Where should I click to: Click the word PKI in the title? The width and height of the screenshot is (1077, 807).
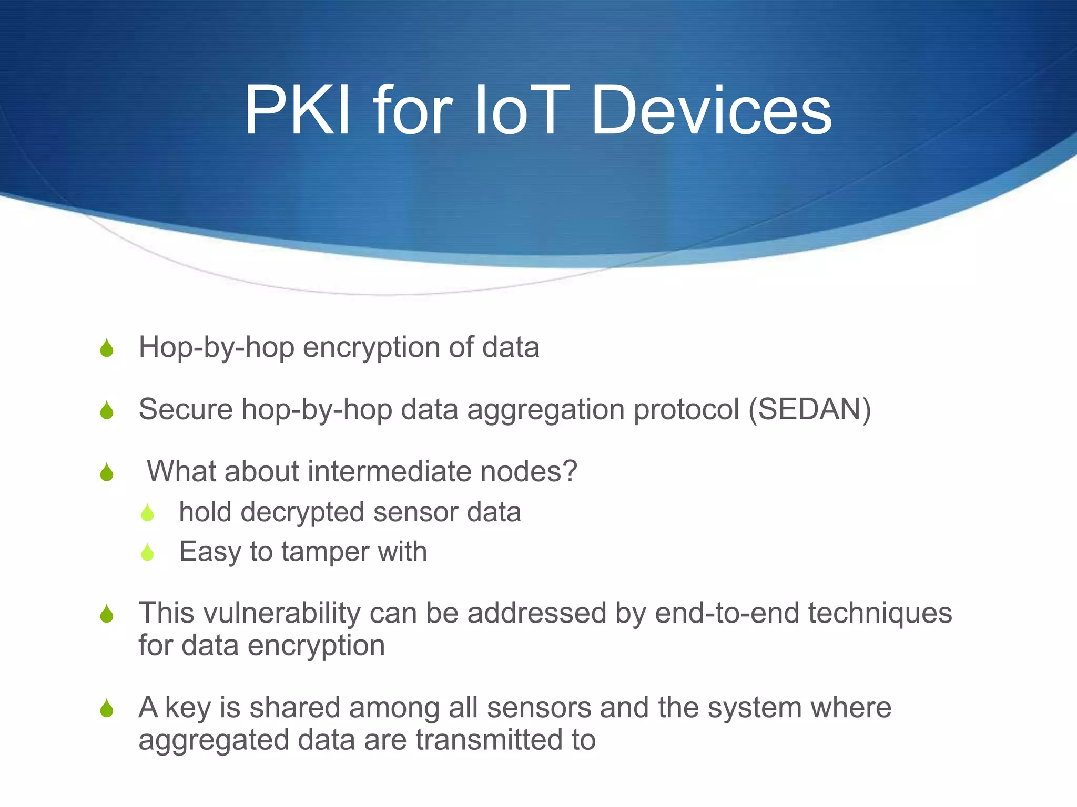297,111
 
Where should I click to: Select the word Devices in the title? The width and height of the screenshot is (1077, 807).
711,111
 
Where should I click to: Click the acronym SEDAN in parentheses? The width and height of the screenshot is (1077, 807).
810,409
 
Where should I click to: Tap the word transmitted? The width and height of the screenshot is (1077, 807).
490,740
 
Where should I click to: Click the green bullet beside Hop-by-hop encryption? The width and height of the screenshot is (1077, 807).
107,348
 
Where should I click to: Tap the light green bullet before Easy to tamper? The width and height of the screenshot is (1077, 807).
147,552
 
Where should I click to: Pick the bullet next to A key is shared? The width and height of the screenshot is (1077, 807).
107,708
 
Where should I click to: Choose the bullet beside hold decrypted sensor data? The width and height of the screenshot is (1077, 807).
147,513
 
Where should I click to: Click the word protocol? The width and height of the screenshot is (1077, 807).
686,409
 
